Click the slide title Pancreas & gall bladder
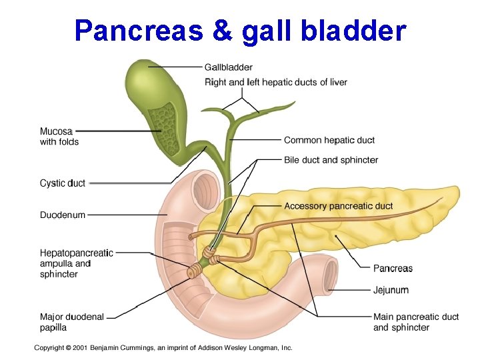(x=240, y=30)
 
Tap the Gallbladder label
(x=228, y=67)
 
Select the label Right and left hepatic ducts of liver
(x=275, y=83)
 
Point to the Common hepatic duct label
(x=329, y=140)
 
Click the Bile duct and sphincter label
(x=331, y=160)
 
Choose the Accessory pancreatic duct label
(x=338, y=206)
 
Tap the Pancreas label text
(x=393, y=269)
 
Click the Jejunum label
(x=391, y=290)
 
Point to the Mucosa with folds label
(x=59, y=137)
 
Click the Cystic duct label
(x=63, y=183)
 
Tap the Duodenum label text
(x=63, y=215)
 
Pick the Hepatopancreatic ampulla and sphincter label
(x=76, y=263)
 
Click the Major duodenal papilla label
(x=71, y=322)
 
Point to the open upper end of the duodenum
(x=205, y=190)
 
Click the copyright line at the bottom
(x=163, y=347)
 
